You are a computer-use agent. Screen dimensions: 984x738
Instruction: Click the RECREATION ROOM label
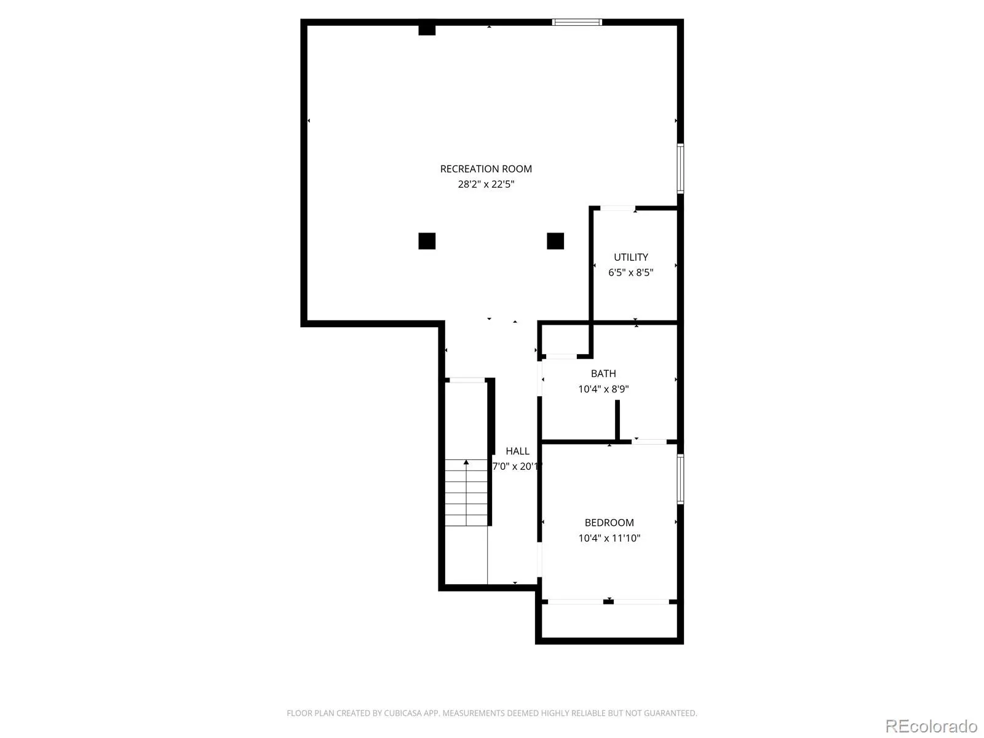tap(486, 169)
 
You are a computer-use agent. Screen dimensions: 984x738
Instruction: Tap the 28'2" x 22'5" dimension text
tap(486, 184)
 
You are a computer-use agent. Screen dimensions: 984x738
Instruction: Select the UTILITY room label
tap(631, 257)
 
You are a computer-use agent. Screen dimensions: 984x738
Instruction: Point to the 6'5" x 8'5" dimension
tap(631, 272)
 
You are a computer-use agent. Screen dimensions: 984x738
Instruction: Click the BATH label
tap(603, 374)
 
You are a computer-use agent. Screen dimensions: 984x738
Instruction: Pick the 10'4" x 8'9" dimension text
tap(603, 389)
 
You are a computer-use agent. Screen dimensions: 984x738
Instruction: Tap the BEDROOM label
tap(609, 523)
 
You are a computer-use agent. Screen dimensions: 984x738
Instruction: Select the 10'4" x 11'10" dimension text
tap(609, 538)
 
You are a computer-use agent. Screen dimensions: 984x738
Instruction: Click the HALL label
tap(517, 451)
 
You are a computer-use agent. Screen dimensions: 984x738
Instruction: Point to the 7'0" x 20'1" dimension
tap(517, 466)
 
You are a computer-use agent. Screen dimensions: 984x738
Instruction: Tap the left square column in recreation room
tap(427, 241)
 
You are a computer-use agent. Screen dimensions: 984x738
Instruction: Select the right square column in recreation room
tap(555, 241)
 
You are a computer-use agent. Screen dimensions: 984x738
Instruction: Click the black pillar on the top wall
tap(427, 30)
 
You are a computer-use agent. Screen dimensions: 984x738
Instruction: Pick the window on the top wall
tap(577, 22)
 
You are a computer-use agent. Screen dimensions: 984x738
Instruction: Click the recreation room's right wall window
tap(680, 169)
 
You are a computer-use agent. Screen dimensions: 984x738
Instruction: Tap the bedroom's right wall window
tap(680, 479)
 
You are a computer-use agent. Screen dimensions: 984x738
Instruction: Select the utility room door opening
tap(617, 208)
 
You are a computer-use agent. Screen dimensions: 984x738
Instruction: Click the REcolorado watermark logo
tap(932, 726)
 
